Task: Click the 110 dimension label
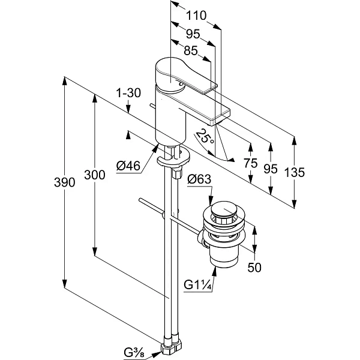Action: pos(196,16)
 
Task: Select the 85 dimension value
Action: pos(191,50)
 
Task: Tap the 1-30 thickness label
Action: pos(128,93)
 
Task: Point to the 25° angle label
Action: pos(205,136)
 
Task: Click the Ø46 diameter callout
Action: pos(128,166)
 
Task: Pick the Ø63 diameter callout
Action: pos(199,179)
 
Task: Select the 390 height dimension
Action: pos(65,182)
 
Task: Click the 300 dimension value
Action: pos(95,175)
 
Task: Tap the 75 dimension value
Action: pos(251,163)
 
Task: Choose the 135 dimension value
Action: pos(295,172)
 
